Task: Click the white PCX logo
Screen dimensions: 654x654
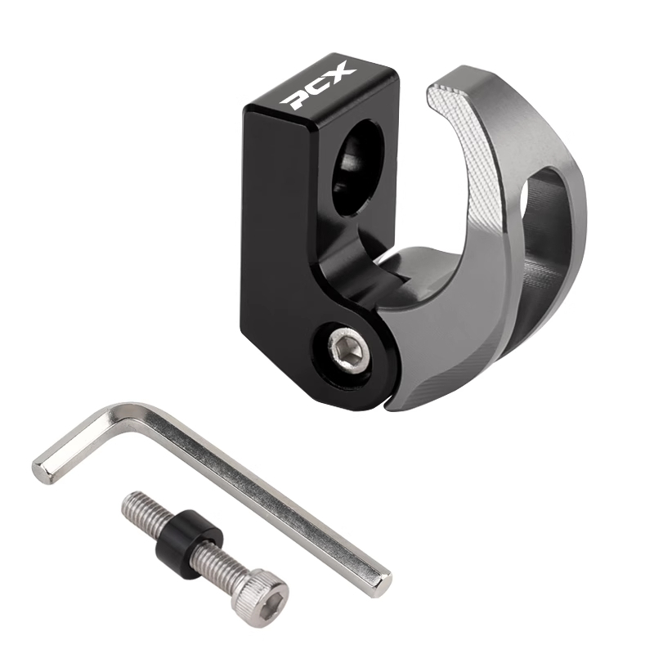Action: [320, 86]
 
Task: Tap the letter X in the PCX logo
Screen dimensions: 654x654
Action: [341, 73]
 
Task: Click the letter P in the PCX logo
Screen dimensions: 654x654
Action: [298, 99]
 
